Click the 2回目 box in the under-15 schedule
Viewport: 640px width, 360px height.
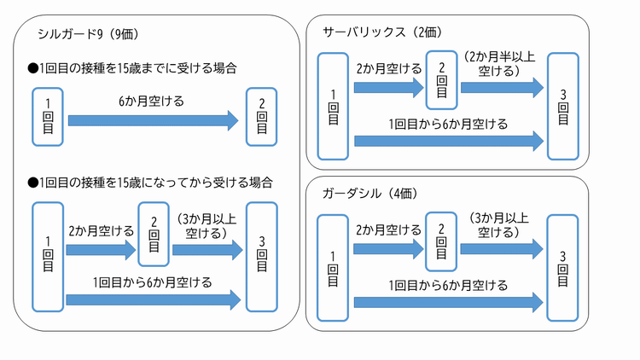(x=261, y=114)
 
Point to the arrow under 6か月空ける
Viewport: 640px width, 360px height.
(x=153, y=121)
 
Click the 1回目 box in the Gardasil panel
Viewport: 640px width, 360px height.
(x=332, y=268)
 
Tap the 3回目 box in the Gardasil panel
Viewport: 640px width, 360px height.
(x=562, y=268)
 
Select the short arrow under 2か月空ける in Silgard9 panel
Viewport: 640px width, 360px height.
(x=101, y=251)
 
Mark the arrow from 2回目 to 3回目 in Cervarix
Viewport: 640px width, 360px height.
(x=501, y=87)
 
